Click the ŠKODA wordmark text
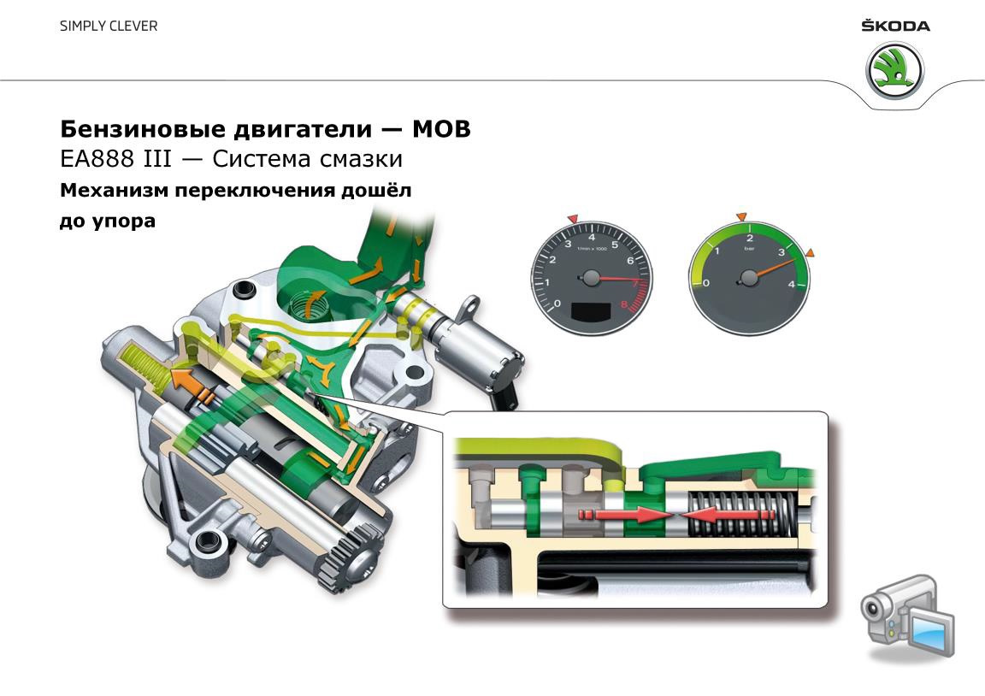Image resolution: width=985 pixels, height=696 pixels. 895,26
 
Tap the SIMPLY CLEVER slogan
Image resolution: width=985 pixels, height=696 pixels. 109,26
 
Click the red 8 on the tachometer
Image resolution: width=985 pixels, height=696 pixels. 625,304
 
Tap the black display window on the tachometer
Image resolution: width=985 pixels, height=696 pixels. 590,312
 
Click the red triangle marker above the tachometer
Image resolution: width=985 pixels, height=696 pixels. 574,220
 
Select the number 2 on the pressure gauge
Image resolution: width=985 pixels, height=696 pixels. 750,239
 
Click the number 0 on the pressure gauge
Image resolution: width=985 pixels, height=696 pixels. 705,283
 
